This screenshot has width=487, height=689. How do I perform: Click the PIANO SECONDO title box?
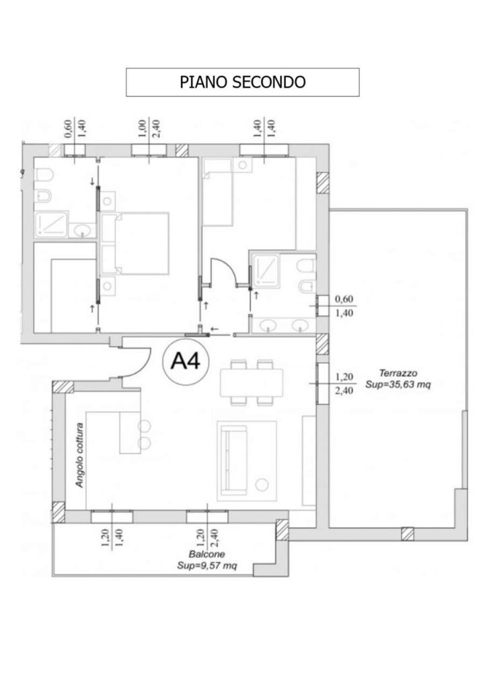click(242, 82)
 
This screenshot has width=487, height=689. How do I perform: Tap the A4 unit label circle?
click(186, 361)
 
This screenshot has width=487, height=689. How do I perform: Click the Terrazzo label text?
click(398, 373)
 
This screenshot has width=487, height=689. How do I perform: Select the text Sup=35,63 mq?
click(398, 385)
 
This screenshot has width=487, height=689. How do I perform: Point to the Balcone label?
click(207, 554)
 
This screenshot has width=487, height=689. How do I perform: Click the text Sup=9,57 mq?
click(207, 565)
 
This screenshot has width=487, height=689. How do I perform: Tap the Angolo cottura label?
click(79, 455)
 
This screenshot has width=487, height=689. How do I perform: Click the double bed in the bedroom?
click(135, 244)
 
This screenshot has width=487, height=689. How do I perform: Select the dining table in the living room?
click(251, 383)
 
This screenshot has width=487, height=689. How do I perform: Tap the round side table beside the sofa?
click(262, 484)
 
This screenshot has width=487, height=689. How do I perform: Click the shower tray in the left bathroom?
click(51, 225)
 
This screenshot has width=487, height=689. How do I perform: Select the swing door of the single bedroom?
click(224, 273)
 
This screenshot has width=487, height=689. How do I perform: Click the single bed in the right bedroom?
click(217, 192)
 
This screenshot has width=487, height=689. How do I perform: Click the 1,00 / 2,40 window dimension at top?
click(149, 128)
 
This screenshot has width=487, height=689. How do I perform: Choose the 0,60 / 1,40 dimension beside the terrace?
click(344, 306)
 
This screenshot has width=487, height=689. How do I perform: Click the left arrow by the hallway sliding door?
click(215, 328)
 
